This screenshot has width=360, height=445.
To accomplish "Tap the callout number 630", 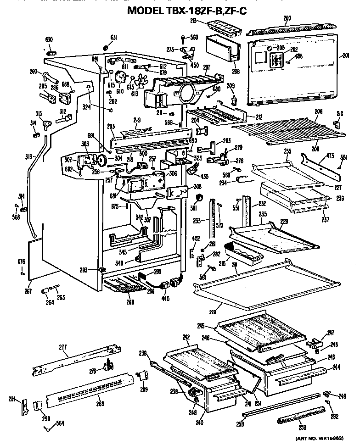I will pyautogui.click(x=49, y=39).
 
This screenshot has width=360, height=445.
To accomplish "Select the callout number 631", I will pyautogui.click(x=113, y=37).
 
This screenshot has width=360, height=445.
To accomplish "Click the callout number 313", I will pyautogui.click(x=29, y=156).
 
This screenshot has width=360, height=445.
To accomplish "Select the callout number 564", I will pyautogui.click(x=59, y=423).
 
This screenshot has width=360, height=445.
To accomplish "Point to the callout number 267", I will pyautogui.click(x=28, y=290).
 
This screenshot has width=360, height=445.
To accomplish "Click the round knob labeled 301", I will pyautogui.click(x=200, y=198).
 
